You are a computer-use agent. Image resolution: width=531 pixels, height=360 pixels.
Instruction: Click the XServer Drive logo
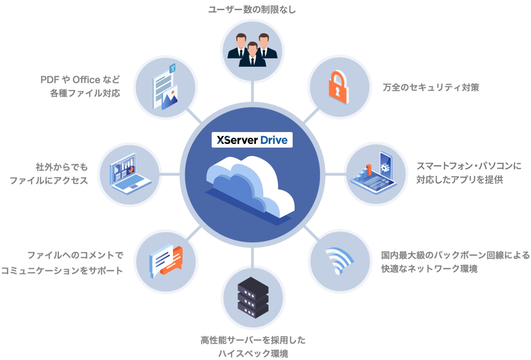252,140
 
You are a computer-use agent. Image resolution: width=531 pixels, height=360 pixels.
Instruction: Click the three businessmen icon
252,50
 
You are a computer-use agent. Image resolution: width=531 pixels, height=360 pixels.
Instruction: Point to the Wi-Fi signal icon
339,261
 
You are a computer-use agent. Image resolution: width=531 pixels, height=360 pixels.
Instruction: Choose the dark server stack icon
253,298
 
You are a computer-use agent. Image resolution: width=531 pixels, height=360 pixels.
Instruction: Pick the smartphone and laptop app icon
375,173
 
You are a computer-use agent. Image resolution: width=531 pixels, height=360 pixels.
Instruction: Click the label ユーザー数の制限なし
252,10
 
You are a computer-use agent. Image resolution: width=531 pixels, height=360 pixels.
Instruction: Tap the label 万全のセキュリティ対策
431,87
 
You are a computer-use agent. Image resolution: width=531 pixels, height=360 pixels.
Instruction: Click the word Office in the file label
86,80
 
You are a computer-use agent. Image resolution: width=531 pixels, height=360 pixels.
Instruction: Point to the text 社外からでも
61,167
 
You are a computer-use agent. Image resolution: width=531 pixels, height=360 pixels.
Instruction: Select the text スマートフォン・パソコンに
469,166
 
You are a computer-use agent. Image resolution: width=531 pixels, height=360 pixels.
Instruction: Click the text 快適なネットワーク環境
429,269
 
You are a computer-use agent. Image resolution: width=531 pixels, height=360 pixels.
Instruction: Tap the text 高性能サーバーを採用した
253,340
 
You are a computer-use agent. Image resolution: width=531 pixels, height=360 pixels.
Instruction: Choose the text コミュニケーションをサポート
62,271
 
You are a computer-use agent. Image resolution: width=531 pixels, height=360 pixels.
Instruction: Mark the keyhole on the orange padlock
338,91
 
